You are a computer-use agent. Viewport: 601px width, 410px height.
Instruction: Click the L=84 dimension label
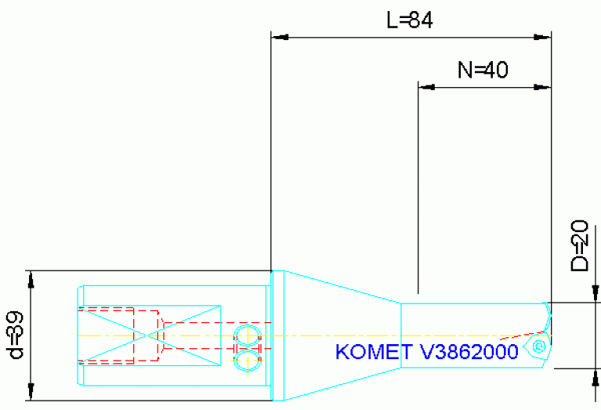[410, 20]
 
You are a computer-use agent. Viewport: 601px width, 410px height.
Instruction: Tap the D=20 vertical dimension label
[579, 245]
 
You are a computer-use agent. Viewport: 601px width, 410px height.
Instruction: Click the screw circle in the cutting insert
[538, 346]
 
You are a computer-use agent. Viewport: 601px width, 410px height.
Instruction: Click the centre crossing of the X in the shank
[148, 335]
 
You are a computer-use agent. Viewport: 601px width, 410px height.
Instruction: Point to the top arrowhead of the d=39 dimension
[31, 279]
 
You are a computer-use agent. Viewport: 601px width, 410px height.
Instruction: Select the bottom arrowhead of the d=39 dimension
[31, 392]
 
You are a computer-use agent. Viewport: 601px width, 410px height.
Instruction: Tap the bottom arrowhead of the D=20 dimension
[589, 376]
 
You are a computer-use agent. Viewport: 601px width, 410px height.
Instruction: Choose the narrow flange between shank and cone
[277, 336]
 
